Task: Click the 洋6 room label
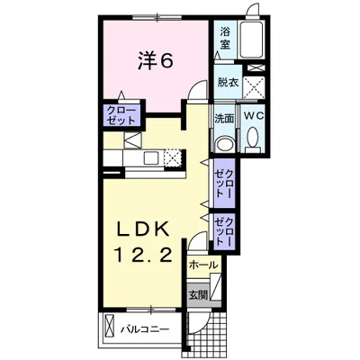click(x=155, y=62)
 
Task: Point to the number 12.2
click(x=143, y=256)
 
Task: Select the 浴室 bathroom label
click(x=225, y=38)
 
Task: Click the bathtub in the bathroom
click(x=251, y=40)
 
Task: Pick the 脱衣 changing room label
click(x=228, y=83)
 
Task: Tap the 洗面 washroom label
click(x=223, y=120)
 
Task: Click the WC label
click(x=254, y=116)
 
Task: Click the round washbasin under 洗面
click(x=224, y=144)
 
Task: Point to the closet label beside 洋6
click(x=121, y=115)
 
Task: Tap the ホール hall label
click(x=202, y=265)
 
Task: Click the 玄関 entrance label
click(x=198, y=295)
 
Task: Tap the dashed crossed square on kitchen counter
click(x=173, y=157)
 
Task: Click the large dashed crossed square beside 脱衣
click(x=254, y=87)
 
